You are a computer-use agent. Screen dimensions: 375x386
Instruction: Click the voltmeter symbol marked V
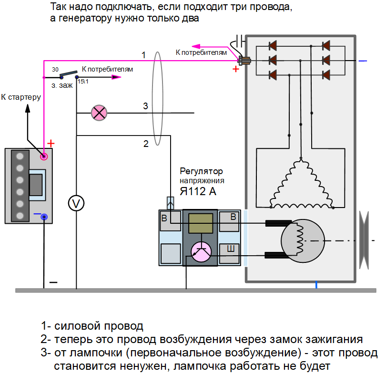point(76,203)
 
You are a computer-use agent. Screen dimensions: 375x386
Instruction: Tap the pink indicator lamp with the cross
point(99,113)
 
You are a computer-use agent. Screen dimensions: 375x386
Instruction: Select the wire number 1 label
point(143,55)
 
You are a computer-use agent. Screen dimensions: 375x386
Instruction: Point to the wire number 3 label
point(146,106)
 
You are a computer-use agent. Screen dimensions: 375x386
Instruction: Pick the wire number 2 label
point(146,143)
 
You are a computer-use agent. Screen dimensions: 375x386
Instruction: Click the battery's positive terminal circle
point(44,156)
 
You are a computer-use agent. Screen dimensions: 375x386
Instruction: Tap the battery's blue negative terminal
point(44,218)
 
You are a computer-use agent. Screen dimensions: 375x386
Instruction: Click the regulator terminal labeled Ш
point(231,248)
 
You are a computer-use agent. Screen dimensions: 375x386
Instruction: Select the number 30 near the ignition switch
point(55,70)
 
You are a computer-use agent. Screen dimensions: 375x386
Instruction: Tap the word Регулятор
point(201,171)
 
